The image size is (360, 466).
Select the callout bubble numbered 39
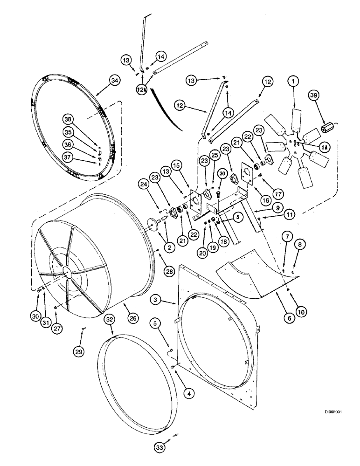tap(314, 96)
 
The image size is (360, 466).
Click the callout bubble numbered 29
tap(78, 352)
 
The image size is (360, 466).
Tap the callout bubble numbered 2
tap(170, 248)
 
